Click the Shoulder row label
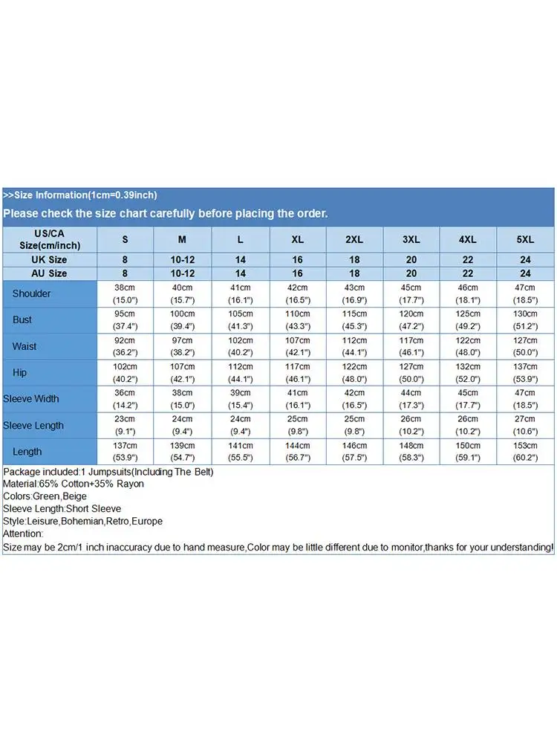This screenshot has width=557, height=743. click(x=31, y=293)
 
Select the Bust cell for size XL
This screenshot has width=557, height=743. click(x=297, y=319)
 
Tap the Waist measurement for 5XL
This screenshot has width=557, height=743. click(x=525, y=346)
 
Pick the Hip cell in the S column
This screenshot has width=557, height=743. click(x=124, y=372)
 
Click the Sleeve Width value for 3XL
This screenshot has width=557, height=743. click(x=411, y=398)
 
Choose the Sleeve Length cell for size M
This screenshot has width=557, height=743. click(x=182, y=425)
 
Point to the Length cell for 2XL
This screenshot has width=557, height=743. click(x=354, y=451)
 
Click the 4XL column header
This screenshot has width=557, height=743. click(x=468, y=239)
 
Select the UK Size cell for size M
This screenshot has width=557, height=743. click(x=182, y=259)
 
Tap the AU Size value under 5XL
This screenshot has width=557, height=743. click(x=525, y=273)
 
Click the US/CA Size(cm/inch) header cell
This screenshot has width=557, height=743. click(x=49, y=239)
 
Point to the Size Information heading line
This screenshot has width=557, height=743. click(x=79, y=195)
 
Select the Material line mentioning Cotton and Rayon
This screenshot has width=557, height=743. click(x=74, y=484)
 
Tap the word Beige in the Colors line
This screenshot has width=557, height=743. click(x=76, y=496)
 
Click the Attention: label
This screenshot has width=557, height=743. click(x=23, y=533)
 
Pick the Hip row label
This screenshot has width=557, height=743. click(x=19, y=372)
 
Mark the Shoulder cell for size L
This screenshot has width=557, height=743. click(x=240, y=293)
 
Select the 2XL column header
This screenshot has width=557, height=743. click(x=354, y=239)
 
